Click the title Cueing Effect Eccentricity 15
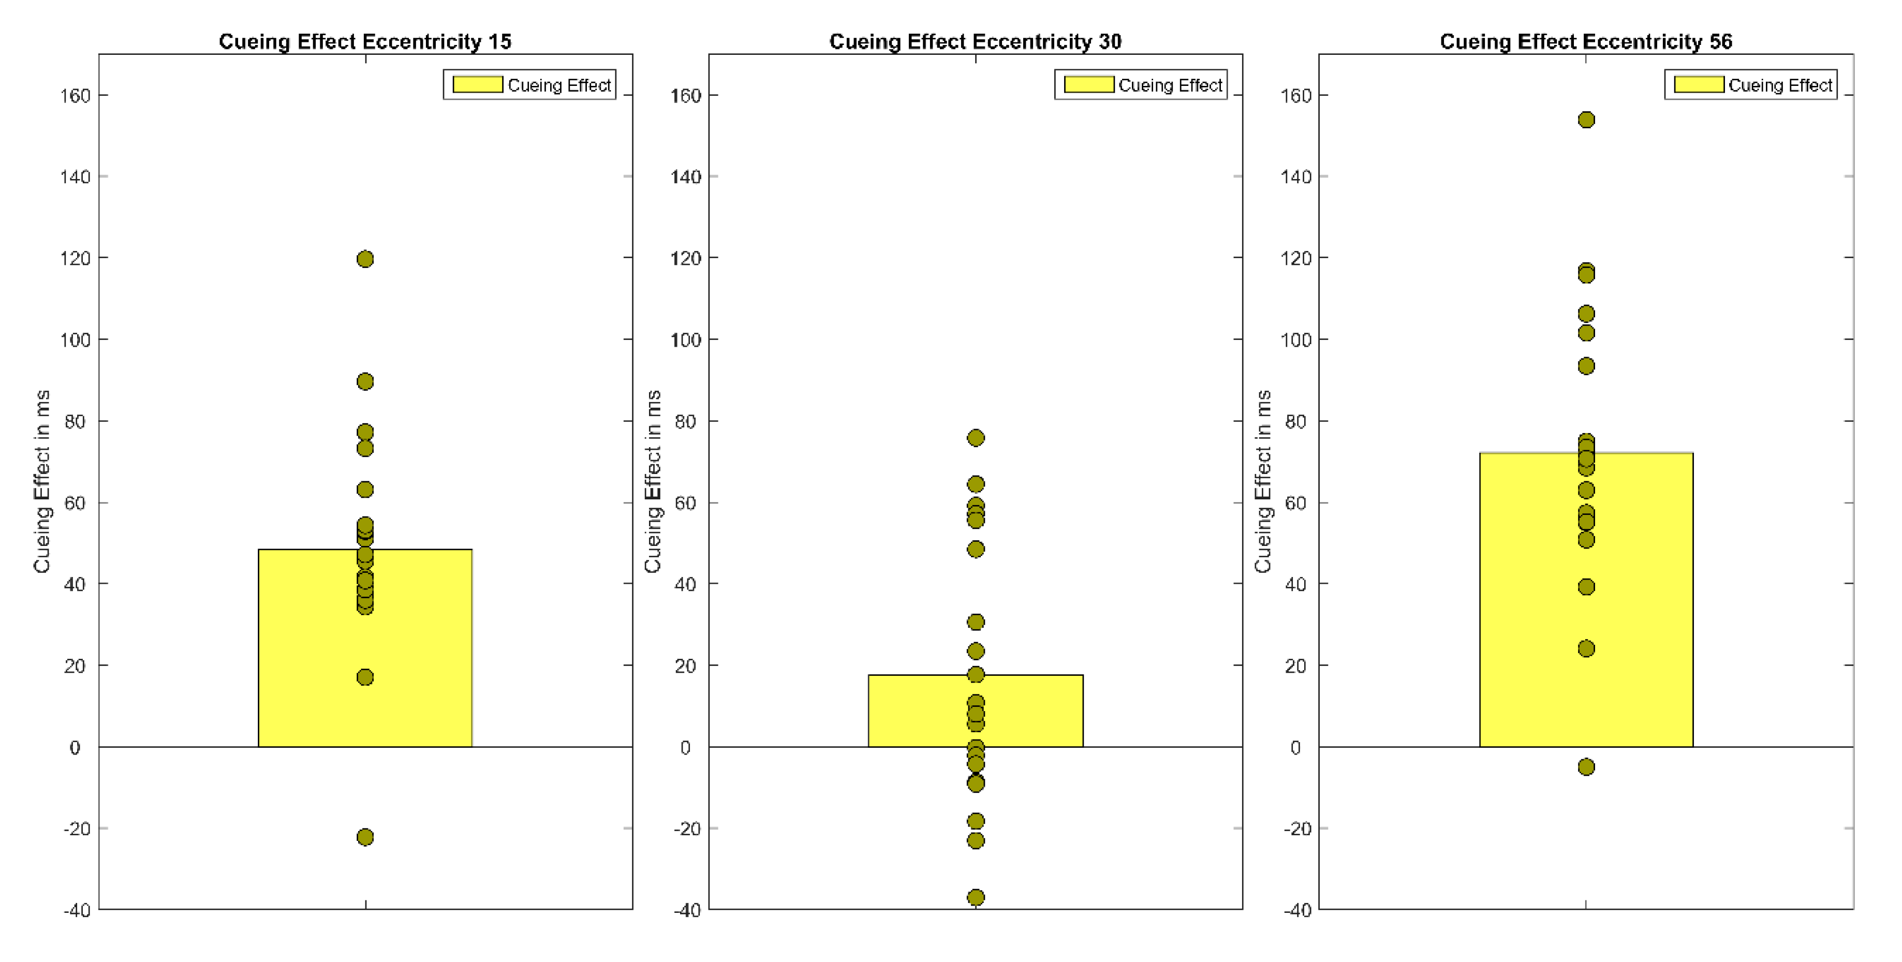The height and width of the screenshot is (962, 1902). click(365, 41)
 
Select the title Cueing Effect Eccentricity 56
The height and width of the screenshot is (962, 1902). click(1585, 41)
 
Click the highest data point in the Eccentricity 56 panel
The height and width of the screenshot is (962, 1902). click(1586, 120)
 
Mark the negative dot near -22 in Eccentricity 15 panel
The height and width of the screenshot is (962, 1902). click(365, 836)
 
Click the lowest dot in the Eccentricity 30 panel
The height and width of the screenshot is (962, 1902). click(976, 897)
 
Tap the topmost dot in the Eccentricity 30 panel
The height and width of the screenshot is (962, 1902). click(976, 438)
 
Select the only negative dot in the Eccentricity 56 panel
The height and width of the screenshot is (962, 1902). click(1586, 767)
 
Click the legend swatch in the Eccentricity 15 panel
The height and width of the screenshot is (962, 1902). click(477, 85)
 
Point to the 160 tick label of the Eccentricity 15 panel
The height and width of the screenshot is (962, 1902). click(75, 96)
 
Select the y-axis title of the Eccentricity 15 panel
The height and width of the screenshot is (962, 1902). click(42, 481)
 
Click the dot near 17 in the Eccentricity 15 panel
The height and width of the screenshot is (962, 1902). click(365, 677)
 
